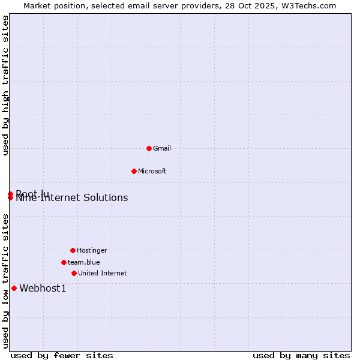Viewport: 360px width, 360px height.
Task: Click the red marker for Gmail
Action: (149, 148)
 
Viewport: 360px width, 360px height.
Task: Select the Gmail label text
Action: (162, 148)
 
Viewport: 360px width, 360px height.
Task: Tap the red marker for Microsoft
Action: (134, 171)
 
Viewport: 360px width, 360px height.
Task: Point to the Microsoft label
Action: (152, 171)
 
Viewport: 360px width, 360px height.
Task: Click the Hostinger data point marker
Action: (73, 250)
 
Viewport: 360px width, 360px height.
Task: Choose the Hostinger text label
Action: (92, 250)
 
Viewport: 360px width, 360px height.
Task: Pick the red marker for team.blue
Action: (64, 262)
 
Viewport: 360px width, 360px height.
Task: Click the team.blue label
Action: (84, 262)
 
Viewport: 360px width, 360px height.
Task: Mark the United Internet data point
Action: (74, 273)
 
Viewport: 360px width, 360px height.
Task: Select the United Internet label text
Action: (103, 273)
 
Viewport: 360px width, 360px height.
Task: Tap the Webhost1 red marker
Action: (14, 288)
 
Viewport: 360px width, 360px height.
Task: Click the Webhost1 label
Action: (43, 289)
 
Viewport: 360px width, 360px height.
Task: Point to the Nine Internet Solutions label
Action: (72, 198)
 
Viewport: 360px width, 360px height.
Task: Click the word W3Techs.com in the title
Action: (309, 5)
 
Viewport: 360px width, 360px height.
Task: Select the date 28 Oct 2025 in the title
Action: (255, 5)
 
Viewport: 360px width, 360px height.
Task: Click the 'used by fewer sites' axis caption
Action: (62, 355)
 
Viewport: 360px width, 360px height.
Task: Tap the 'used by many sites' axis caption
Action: (301, 355)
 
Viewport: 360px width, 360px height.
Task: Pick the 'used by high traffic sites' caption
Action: (6, 85)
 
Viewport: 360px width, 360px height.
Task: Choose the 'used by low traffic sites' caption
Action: (6, 281)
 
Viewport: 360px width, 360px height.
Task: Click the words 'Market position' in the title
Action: (50, 5)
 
